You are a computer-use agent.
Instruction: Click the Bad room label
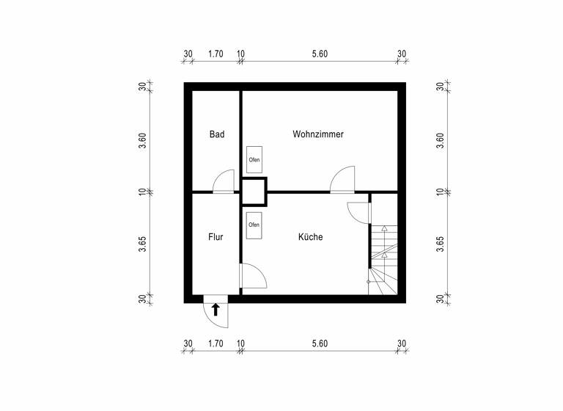click(216, 134)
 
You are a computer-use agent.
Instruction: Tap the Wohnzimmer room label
click(318, 134)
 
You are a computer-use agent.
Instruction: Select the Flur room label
click(216, 237)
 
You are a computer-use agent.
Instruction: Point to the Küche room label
click(310, 237)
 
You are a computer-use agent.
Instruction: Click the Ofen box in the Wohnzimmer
click(254, 159)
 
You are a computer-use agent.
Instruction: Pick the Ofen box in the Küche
click(254, 225)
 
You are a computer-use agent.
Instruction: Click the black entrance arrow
click(216, 309)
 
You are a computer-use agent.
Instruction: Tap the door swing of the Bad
click(223, 181)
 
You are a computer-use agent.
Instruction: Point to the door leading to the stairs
click(358, 211)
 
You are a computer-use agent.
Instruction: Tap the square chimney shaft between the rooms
click(254, 191)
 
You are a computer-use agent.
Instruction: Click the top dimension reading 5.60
click(320, 54)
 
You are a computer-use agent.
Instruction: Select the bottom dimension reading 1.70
click(216, 343)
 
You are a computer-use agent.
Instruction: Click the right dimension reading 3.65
click(440, 244)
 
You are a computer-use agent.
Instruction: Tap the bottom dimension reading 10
click(240, 343)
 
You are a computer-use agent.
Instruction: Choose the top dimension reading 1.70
click(216, 54)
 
